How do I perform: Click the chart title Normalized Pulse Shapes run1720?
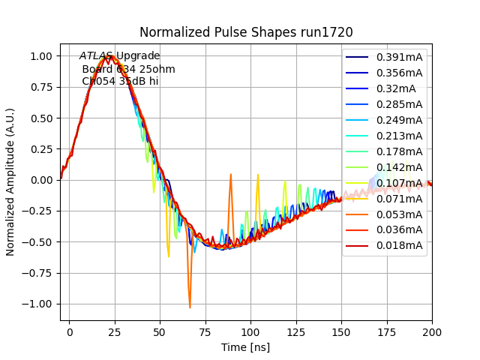pos(246,33)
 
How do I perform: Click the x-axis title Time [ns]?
pos(246,347)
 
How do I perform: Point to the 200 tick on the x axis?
pos(432,331)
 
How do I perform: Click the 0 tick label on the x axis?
pos(70,331)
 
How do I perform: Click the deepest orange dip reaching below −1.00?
pos(190,307)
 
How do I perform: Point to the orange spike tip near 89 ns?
pos(230,175)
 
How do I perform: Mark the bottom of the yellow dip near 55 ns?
pos(169,256)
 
